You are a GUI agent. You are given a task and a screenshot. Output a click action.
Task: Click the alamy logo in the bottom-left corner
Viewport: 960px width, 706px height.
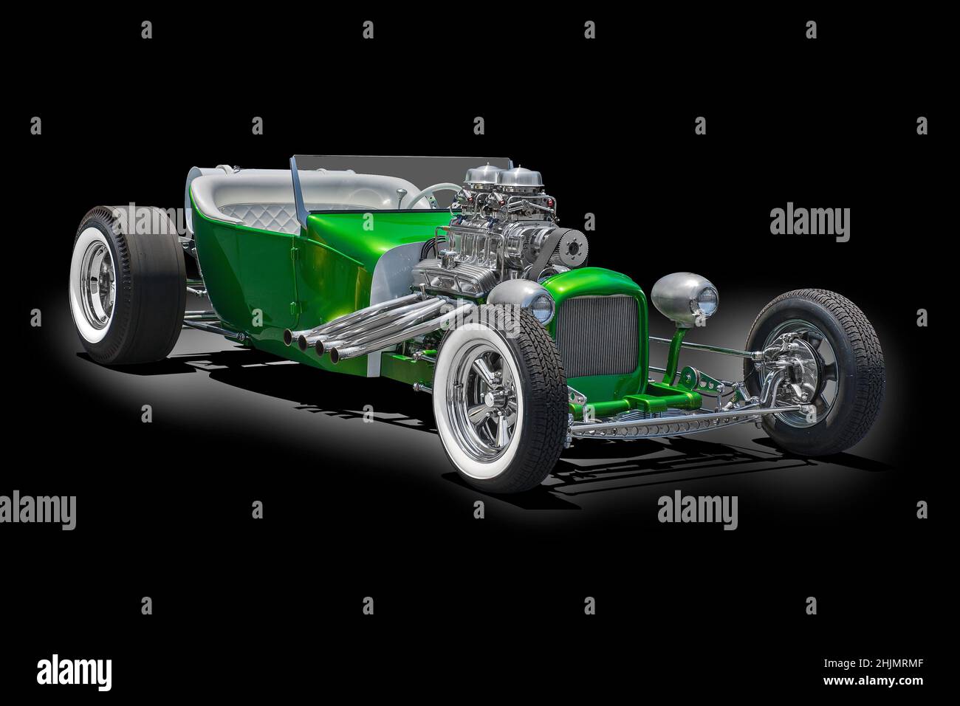click(74, 673)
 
